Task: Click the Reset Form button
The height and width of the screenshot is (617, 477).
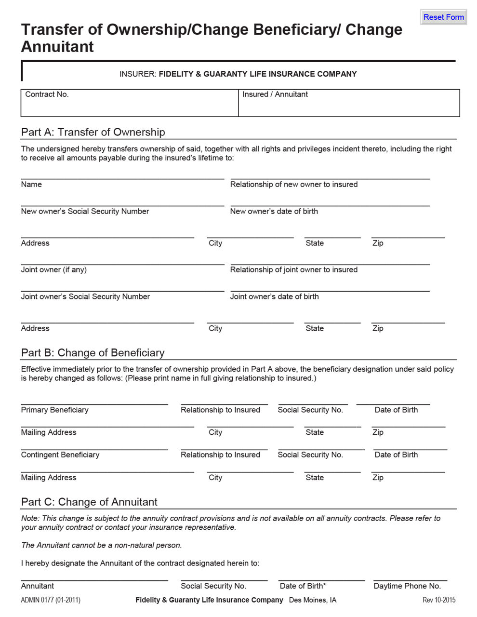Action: pos(443,17)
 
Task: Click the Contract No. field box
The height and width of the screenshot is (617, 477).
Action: pos(130,103)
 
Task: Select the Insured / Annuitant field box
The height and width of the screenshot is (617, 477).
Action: pos(349,103)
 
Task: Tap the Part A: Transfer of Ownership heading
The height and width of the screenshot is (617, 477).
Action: pos(93,132)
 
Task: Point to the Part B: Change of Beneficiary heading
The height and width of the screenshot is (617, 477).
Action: pos(93,353)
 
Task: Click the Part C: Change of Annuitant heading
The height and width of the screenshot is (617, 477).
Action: pos(89,502)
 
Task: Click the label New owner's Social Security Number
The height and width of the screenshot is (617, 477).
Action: pos(85,211)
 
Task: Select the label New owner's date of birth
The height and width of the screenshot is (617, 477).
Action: pos(274,211)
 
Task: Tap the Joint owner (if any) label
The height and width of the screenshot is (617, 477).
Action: pos(53,269)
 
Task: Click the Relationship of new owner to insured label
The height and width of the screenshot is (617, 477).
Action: pos(293,184)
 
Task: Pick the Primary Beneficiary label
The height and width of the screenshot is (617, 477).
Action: pos(54,410)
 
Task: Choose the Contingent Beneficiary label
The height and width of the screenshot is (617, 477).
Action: pos(60,455)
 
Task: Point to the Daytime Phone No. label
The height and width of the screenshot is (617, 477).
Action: pos(407,586)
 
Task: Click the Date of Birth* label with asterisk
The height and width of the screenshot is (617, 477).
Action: pos(303,586)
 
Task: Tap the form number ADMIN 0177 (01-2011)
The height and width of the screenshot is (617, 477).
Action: pos(51,600)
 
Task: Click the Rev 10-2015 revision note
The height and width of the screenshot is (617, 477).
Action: pos(438,600)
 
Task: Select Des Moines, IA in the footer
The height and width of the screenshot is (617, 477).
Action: pos(312,600)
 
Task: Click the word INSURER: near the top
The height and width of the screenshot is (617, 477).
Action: pos(138,74)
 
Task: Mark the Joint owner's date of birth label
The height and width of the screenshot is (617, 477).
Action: pos(274,296)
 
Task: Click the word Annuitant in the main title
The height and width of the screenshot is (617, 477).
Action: pos(57,47)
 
